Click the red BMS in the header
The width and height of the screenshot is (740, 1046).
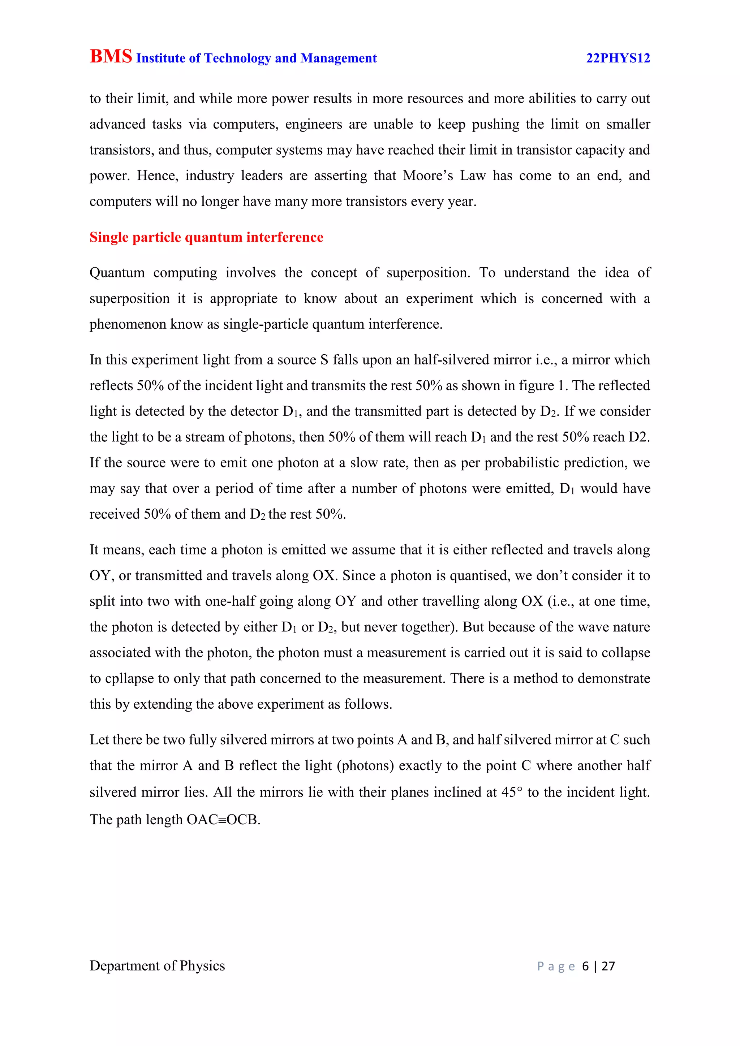[111, 56]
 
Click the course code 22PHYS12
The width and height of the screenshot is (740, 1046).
[618, 58]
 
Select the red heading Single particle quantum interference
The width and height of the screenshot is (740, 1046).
[206, 237]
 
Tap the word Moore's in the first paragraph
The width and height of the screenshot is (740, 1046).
[427, 176]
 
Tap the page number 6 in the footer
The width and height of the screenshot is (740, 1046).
[585, 966]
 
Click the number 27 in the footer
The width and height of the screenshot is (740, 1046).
[608, 966]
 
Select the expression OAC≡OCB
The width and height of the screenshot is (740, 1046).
[223, 820]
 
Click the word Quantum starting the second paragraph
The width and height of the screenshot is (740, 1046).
[117, 272]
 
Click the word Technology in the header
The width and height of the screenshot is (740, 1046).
[237, 58]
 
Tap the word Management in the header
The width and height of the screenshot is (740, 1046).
[339, 58]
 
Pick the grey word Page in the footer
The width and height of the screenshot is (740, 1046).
[556, 966]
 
